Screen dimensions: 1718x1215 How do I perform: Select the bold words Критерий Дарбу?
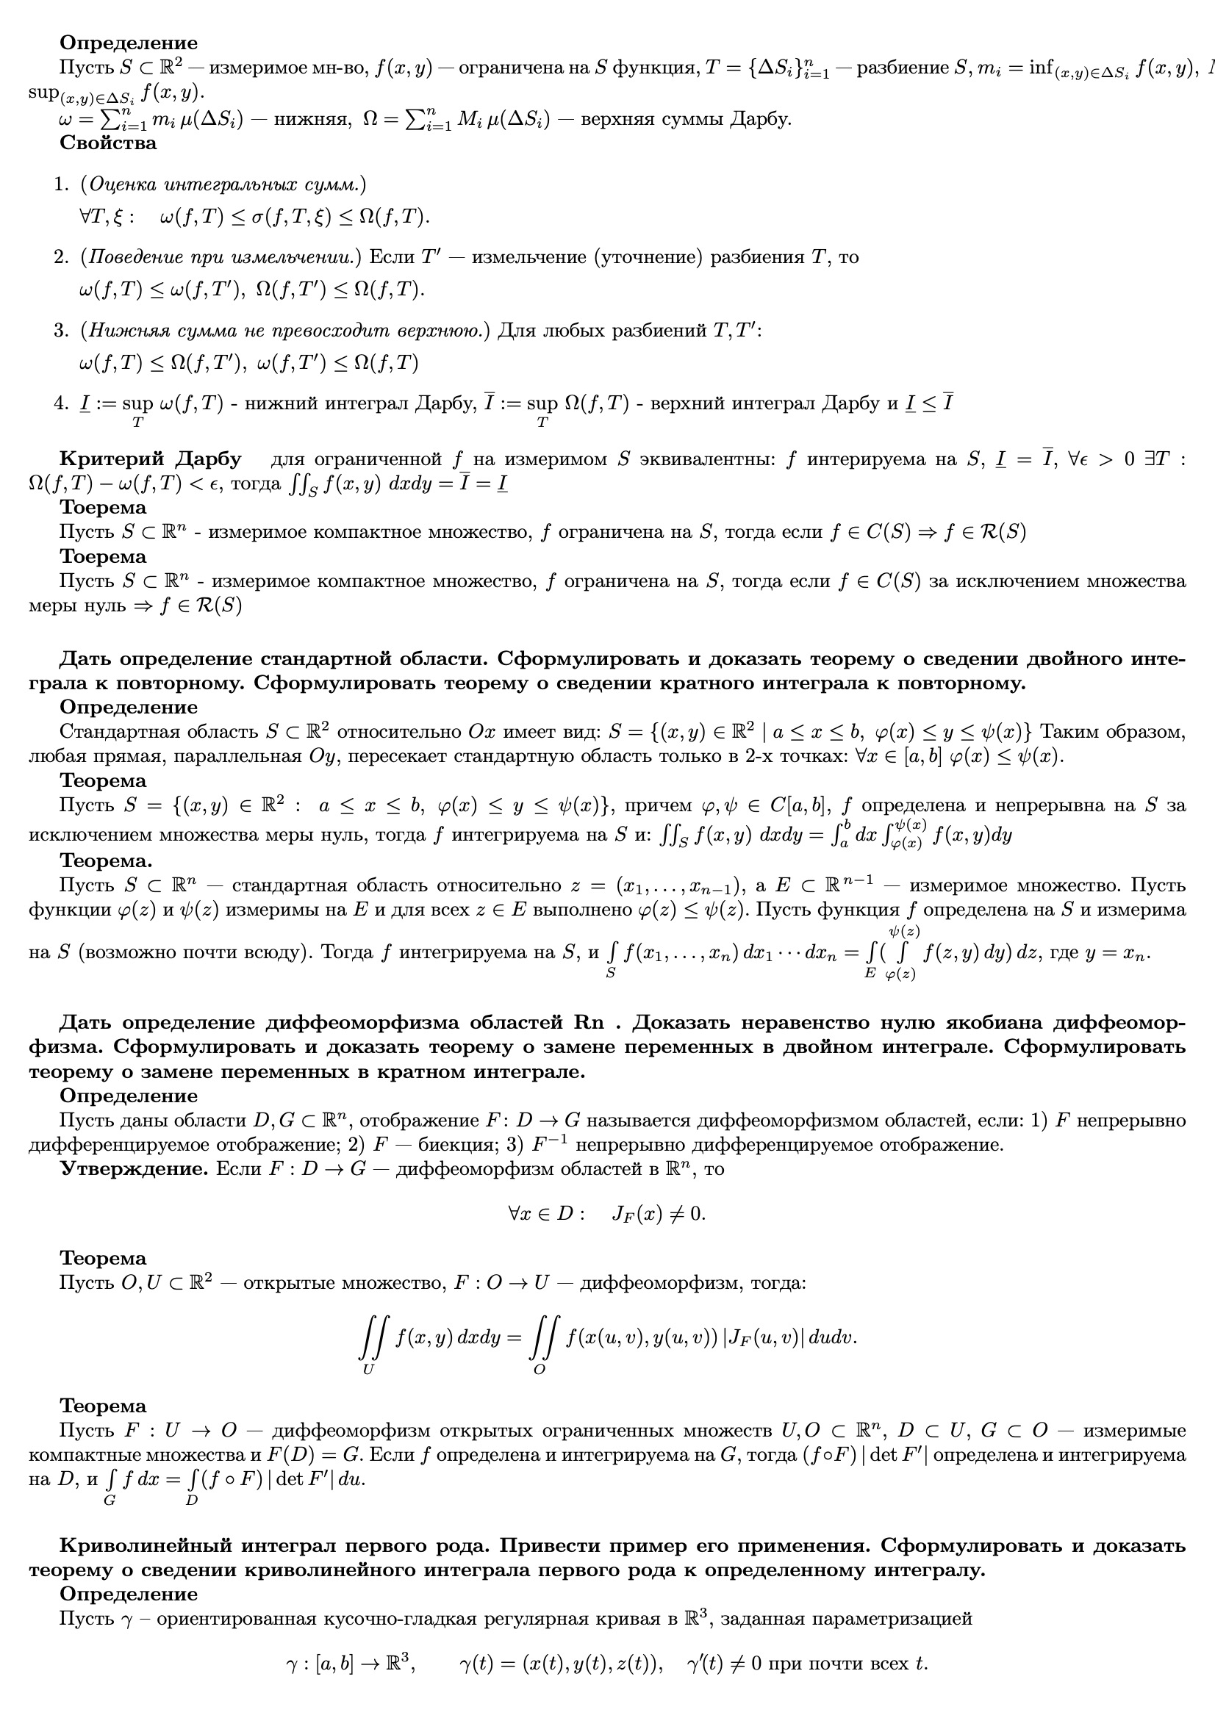(x=150, y=459)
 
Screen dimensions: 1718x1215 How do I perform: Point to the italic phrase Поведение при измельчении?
(x=220, y=257)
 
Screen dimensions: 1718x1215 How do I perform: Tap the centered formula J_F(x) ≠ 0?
(x=659, y=1214)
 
